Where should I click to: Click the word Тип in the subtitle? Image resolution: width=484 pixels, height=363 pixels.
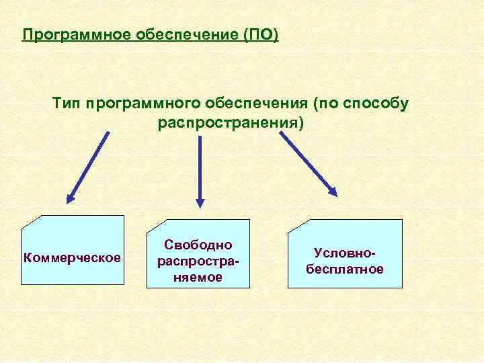(x=67, y=104)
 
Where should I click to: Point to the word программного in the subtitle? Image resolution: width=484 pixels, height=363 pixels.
(x=136, y=104)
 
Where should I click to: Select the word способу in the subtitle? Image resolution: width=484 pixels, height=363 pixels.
(x=375, y=104)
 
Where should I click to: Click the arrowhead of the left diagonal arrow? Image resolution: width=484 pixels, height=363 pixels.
(x=70, y=198)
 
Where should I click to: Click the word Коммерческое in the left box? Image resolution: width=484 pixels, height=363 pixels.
(x=72, y=257)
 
